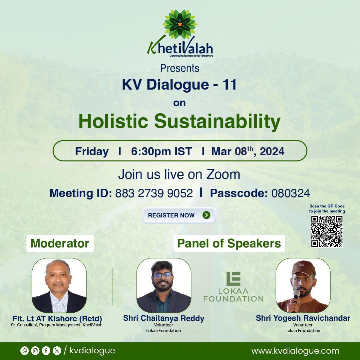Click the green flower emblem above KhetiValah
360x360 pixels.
(180, 24)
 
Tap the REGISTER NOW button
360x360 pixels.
(179, 215)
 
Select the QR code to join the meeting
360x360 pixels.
(327, 231)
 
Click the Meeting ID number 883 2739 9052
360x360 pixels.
(154, 193)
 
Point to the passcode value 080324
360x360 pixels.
(290, 193)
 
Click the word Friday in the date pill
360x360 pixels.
(92, 152)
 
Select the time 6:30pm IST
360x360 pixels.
(162, 152)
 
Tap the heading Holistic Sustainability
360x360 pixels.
(180, 121)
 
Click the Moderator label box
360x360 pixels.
(60, 243)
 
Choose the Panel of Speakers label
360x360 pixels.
(229, 243)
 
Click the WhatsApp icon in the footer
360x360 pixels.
(24, 351)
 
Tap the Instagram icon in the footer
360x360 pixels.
(35, 351)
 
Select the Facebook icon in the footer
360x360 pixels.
(46, 351)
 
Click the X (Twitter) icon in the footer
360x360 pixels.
(57, 351)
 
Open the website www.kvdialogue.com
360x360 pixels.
(295, 351)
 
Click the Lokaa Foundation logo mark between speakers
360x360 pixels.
(233, 279)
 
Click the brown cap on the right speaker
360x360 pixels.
(303, 268)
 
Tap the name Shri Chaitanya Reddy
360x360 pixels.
(164, 318)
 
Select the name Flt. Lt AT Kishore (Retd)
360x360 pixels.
(57, 318)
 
